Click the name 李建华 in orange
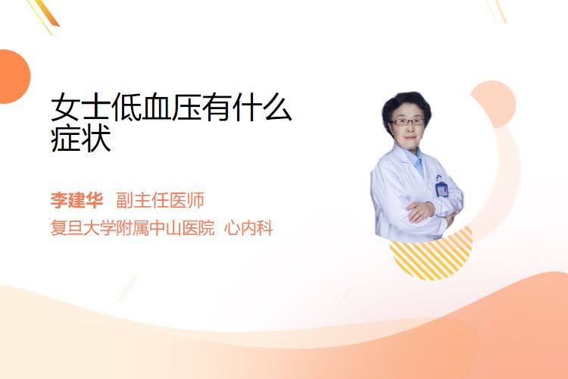[x=76, y=200]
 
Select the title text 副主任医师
[x=160, y=200]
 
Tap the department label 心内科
[x=248, y=228]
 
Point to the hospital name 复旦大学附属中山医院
[x=133, y=228]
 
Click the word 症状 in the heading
[x=81, y=139]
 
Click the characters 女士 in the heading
[x=81, y=107]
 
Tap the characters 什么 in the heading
[x=261, y=107]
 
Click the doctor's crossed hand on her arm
[x=420, y=211]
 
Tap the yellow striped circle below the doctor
[x=431, y=255]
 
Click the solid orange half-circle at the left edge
[x=14, y=77]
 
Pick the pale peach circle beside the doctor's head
[x=497, y=103]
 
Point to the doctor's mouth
[x=409, y=137]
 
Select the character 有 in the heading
[x=217, y=107]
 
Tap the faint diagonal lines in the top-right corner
[x=496, y=10]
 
